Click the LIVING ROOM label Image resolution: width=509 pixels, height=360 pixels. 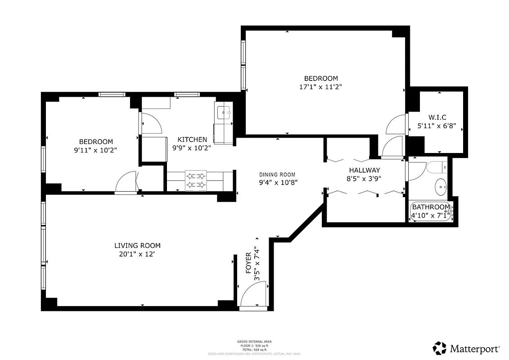click(x=137, y=246)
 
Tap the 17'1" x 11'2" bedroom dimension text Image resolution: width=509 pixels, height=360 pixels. click(x=320, y=87)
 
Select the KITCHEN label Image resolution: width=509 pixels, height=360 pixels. click(x=192, y=139)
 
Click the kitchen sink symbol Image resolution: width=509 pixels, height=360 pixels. click(x=224, y=112)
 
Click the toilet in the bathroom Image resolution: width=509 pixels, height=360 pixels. click(x=437, y=167)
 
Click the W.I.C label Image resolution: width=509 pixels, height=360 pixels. click(x=437, y=117)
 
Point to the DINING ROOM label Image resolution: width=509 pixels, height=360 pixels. click(x=277, y=175)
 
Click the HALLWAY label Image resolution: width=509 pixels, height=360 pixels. click(x=365, y=170)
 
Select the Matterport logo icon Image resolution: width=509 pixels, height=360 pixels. click(x=439, y=348)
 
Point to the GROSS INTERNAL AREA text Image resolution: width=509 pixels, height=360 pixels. click(x=254, y=342)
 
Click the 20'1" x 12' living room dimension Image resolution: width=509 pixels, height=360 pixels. click(x=137, y=254)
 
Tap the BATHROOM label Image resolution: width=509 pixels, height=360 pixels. click(x=431, y=207)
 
